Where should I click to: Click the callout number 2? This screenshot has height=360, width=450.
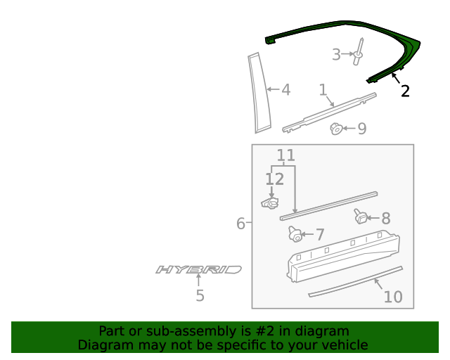[405, 91]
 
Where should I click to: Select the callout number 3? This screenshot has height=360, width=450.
[337, 54]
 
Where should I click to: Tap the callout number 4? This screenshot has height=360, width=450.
[285, 90]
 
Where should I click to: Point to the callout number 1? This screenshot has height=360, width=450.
[323, 90]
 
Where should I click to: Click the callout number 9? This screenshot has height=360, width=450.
[361, 129]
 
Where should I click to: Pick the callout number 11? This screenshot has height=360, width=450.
[285, 155]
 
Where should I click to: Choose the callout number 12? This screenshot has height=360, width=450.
[274, 179]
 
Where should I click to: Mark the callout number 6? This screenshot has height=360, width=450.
[240, 224]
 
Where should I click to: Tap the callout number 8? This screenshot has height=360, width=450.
[385, 219]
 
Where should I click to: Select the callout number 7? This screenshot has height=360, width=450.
[319, 234]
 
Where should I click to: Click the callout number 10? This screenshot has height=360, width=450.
[392, 297]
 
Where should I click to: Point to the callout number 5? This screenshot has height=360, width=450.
[200, 296]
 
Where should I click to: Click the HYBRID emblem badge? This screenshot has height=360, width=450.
[198, 269]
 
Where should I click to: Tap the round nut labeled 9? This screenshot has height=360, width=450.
[337, 128]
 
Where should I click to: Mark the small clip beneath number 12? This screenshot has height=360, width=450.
[269, 203]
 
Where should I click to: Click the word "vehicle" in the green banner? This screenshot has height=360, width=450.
[344, 345]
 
